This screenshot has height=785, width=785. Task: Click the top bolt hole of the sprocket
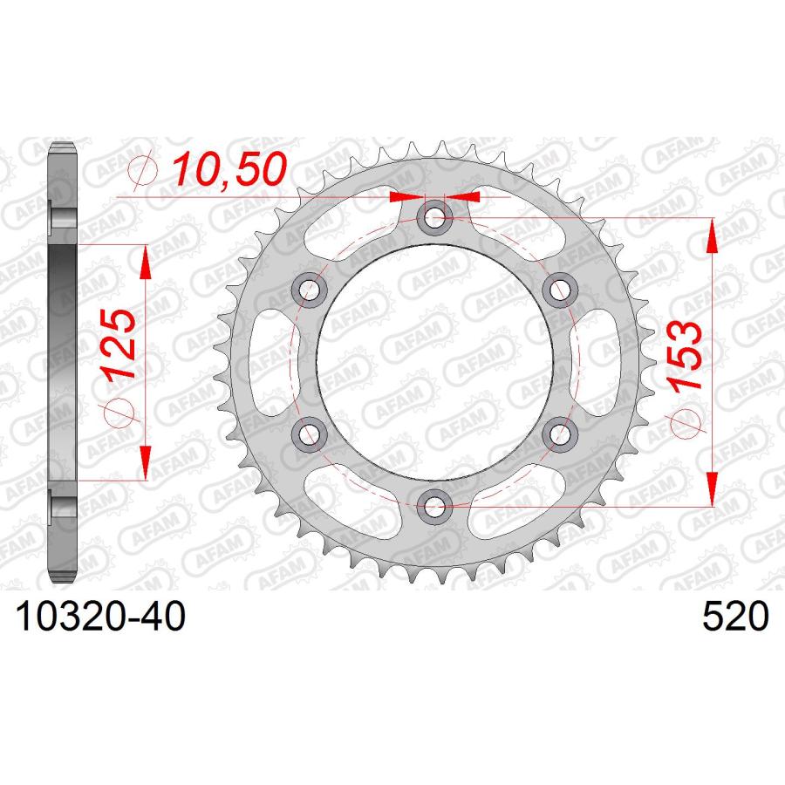pos(434,218)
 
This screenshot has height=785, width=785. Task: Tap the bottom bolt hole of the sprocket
pos(434,503)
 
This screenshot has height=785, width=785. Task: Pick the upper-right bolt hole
pos(557,289)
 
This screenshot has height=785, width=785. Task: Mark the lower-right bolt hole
pos(557,432)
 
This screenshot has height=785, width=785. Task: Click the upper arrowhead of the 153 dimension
pos(711,234)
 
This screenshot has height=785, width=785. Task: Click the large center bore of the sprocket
pos(434,360)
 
